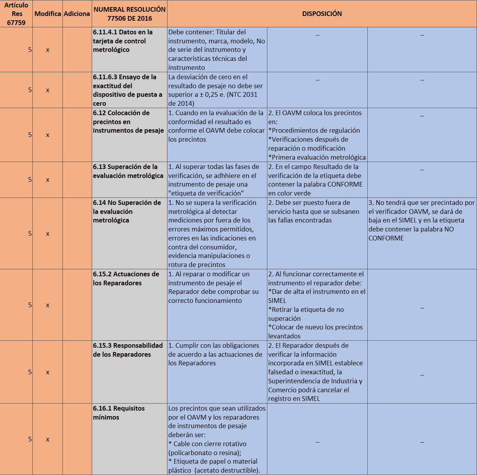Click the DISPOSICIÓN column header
(x=322, y=14)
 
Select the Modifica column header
(x=48, y=14)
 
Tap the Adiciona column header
(x=77, y=14)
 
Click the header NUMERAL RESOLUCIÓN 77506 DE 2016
(x=130, y=14)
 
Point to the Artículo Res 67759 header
(x=16, y=14)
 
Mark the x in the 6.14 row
(x=48, y=234)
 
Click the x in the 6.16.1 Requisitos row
(x=48, y=439)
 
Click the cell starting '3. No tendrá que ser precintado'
(x=422, y=221)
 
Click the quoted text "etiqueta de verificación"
(x=206, y=193)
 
